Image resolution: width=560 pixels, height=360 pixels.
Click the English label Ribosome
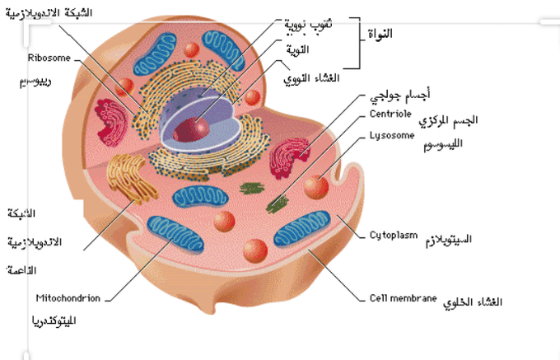49,58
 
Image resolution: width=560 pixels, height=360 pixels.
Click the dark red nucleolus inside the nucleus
198,128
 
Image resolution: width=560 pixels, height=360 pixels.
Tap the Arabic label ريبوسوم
36,83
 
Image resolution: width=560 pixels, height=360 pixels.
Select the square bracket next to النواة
356,42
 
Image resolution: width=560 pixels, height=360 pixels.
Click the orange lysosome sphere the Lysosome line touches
315,187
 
